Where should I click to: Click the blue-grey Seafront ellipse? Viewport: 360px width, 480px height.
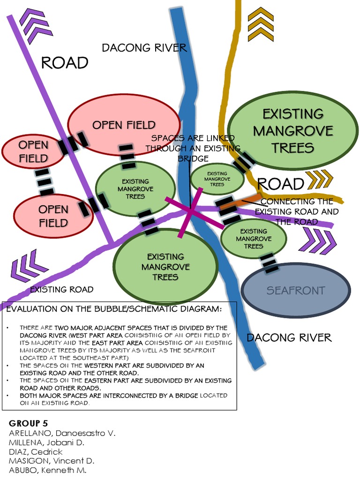point(295,291)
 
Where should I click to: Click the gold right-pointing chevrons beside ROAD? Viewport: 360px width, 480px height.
point(319,179)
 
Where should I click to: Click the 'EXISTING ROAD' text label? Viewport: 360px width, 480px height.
point(61,290)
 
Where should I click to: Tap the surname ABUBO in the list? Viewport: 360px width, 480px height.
point(24,470)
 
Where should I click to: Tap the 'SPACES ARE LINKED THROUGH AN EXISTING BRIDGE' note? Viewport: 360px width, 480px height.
point(192,148)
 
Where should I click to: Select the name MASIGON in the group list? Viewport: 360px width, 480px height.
point(28,461)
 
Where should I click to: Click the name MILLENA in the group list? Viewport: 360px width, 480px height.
point(26,442)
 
